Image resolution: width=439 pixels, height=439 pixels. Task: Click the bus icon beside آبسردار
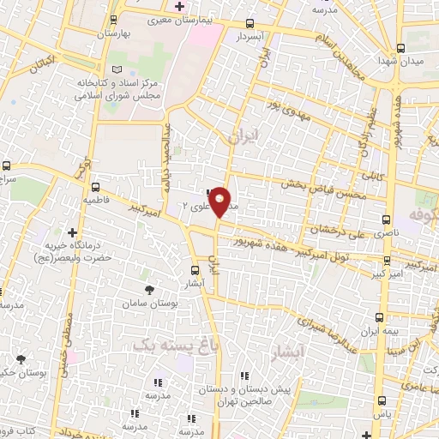tap(250, 24)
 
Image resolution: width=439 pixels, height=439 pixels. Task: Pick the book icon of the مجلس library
tap(118, 68)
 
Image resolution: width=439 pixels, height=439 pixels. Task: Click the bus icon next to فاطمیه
tap(94, 185)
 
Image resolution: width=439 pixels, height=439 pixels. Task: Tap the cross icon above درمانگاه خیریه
tap(72, 232)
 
